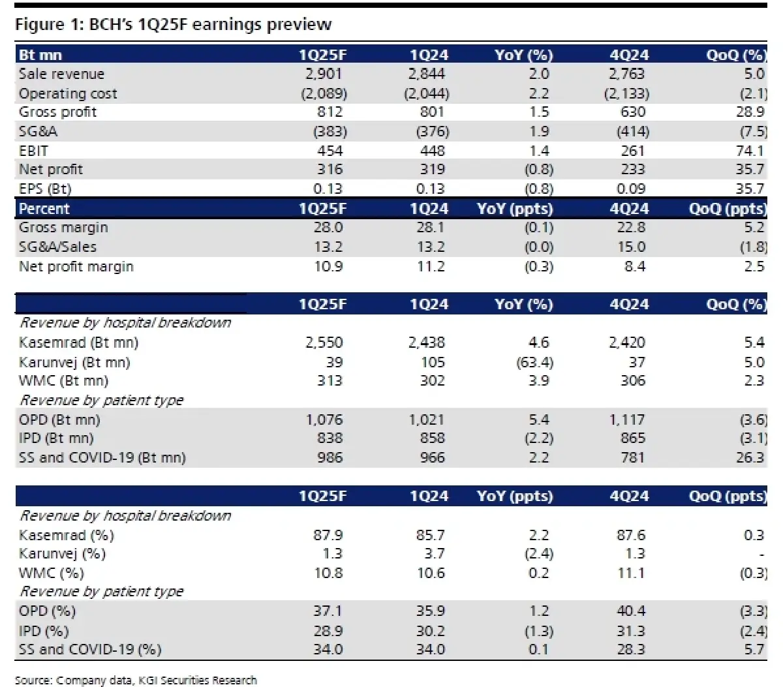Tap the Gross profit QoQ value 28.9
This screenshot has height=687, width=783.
(x=750, y=112)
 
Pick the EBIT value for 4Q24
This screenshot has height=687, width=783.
(x=633, y=151)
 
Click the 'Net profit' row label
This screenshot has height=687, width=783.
(x=51, y=170)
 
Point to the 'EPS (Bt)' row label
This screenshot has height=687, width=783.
(x=45, y=189)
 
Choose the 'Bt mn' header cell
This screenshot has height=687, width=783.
(x=40, y=55)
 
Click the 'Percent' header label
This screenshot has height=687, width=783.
(x=44, y=209)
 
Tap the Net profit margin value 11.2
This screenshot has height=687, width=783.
(x=431, y=266)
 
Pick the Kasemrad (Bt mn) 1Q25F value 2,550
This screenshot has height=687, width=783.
(x=324, y=343)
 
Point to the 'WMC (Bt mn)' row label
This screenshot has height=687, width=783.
(x=63, y=381)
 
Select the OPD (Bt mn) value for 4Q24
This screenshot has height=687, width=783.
(x=627, y=420)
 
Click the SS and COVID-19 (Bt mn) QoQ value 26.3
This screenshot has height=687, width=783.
(x=750, y=458)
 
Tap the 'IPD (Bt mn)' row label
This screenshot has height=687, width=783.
(x=56, y=438)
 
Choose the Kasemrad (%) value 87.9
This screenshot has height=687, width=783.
(x=328, y=535)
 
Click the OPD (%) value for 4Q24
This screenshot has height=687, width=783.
(x=631, y=611)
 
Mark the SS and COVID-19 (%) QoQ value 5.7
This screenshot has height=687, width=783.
(x=754, y=650)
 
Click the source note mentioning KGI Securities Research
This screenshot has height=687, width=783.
(x=136, y=680)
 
